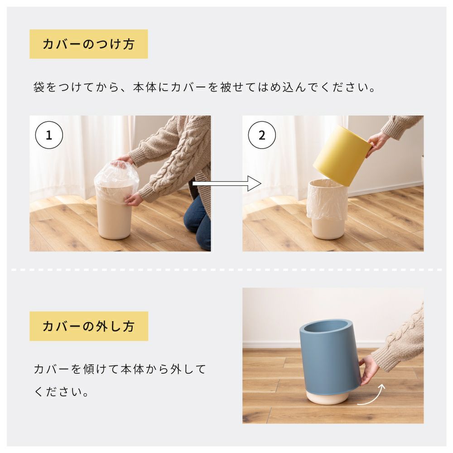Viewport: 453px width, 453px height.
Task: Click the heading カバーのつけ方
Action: (x=88, y=44)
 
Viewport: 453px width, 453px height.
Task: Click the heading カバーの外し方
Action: (x=88, y=326)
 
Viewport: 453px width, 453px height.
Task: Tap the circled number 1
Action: (x=49, y=135)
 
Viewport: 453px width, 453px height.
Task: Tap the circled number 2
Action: (x=262, y=135)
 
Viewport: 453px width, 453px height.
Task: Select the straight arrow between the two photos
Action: (x=227, y=183)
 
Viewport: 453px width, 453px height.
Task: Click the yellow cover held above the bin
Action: (x=342, y=155)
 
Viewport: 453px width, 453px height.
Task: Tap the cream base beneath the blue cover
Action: (x=328, y=398)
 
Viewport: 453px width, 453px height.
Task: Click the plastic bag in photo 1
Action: (x=116, y=182)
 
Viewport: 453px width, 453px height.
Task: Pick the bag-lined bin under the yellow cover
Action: (x=328, y=208)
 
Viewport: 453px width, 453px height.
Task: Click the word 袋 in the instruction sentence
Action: (x=39, y=87)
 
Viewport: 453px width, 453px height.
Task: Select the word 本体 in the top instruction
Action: (x=145, y=87)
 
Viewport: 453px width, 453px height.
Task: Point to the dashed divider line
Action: (x=226, y=270)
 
